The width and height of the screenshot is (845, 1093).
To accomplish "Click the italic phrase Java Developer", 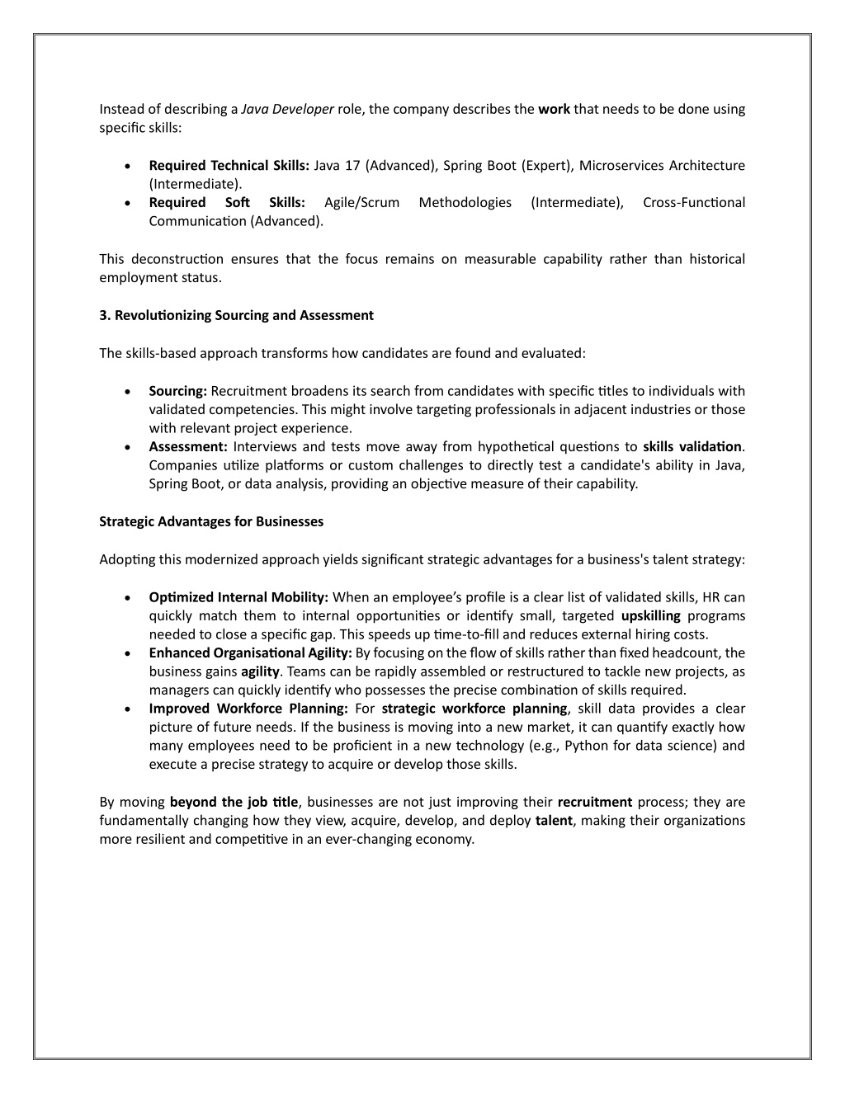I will (x=287, y=109).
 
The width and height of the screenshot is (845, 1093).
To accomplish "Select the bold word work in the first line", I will (x=554, y=109).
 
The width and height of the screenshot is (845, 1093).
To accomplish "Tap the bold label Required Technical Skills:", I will (x=229, y=166).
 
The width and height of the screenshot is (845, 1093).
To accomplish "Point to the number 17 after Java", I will (x=352, y=166).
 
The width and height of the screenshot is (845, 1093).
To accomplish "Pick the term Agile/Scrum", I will (x=361, y=203).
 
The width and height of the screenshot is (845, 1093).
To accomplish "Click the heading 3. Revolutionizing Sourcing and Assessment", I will (x=236, y=315).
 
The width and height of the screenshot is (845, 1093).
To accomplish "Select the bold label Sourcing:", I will (x=177, y=391).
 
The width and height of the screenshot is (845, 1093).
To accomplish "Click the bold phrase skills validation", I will (x=692, y=447).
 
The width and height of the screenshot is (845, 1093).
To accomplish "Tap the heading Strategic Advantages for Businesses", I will (x=211, y=521).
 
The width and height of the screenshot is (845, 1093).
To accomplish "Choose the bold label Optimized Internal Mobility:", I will (x=238, y=597).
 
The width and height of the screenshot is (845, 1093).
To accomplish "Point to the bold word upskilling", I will (x=650, y=616).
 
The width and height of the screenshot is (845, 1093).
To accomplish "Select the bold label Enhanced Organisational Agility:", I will (x=250, y=653).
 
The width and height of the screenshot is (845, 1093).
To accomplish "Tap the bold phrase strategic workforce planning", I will (x=474, y=709).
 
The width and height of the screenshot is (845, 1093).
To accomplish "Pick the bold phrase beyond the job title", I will (x=234, y=802).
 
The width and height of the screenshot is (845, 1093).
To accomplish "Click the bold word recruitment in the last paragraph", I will (x=594, y=802).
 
